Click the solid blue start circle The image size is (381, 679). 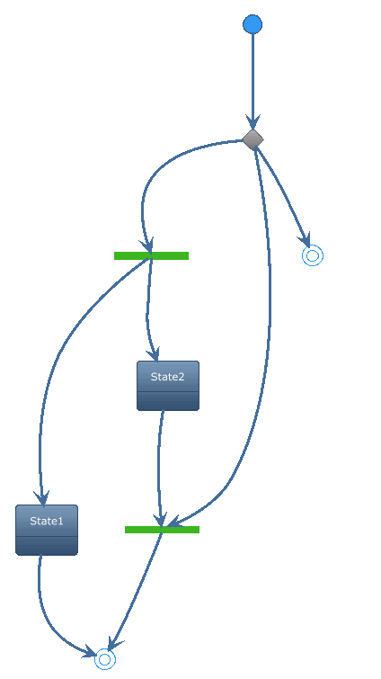(x=253, y=24)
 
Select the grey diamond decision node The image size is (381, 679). (x=253, y=139)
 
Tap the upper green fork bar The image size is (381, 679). (x=151, y=256)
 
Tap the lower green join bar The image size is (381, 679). (x=162, y=530)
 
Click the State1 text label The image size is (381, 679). (x=47, y=521)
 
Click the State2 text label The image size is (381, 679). (x=168, y=377)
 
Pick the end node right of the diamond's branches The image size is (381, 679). (x=313, y=255)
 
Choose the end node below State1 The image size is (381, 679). (x=105, y=659)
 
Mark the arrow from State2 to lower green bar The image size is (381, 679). (x=159, y=468)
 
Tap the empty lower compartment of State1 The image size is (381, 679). (x=47, y=546)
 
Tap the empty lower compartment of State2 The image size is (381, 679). (x=168, y=401)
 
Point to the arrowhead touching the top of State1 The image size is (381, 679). (x=42, y=498)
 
